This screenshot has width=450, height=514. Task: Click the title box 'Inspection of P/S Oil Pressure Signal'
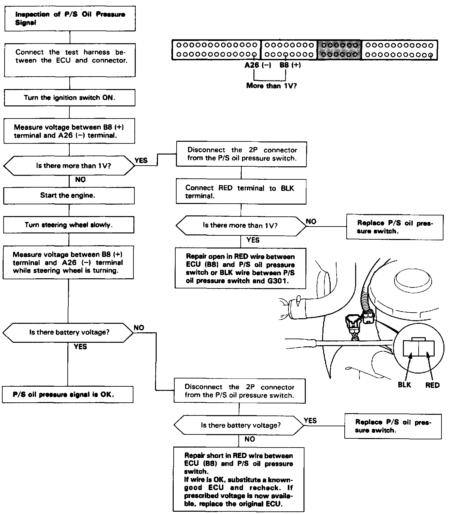click(x=70, y=19)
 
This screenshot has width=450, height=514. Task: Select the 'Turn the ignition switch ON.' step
click(x=69, y=98)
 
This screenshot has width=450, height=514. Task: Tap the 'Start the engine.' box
click(x=69, y=195)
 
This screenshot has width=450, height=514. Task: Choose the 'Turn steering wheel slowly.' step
click(x=69, y=225)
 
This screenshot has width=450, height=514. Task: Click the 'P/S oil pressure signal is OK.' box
click(x=68, y=395)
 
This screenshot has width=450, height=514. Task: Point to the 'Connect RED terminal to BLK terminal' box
click(x=241, y=192)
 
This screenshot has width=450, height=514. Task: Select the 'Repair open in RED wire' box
click(x=240, y=268)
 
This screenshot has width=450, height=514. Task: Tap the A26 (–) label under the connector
click(x=258, y=65)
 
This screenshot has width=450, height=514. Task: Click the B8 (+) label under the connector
click(x=290, y=65)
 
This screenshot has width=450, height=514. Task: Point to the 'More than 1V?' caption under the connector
click(x=271, y=86)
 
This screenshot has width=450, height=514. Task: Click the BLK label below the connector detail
click(x=404, y=385)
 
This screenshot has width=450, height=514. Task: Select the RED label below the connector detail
click(x=432, y=385)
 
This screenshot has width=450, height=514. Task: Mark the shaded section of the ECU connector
click(x=339, y=50)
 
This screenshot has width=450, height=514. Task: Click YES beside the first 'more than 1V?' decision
click(x=141, y=160)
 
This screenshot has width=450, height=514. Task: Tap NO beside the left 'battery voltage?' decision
click(x=139, y=328)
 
